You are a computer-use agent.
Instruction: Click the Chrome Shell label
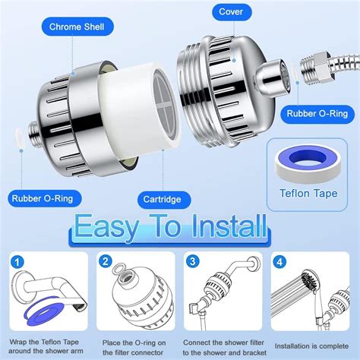[77, 27]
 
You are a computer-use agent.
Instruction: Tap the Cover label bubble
[232, 12]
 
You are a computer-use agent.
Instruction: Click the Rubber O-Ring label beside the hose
[317, 114]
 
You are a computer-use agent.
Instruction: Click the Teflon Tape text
[308, 194]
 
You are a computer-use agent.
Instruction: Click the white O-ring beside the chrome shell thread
[21, 137]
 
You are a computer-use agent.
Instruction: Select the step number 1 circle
[17, 262]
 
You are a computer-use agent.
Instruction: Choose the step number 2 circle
[106, 261]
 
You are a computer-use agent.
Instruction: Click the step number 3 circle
[193, 261]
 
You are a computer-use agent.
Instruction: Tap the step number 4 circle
[279, 262]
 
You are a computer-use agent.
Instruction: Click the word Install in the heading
[229, 226]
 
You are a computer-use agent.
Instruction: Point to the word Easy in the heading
[107, 227]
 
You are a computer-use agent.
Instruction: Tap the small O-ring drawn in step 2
[119, 270]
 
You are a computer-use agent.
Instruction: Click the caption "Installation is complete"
[311, 346]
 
